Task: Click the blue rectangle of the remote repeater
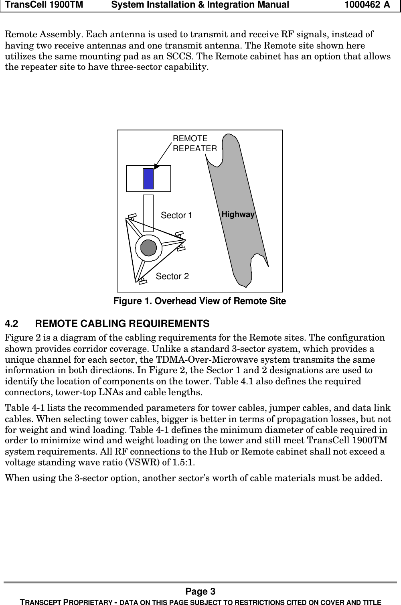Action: pyautogui.click(x=148, y=179)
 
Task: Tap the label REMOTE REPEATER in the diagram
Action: pyautogui.click(x=194, y=143)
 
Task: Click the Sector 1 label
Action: pyautogui.click(x=176, y=215)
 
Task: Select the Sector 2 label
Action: pyautogui.click(x=172, y=276)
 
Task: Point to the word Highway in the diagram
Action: pyautogui.click(x=238, y=215)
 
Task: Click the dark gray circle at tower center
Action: pyautogui.click(x=149, y=248)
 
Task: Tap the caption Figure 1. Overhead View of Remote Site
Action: pyautogui.click(x=200, y=301)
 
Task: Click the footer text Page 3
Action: pyautogui.click(x=200, y=591)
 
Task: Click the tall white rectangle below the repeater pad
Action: pyautogui.click(x=148, y=213)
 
